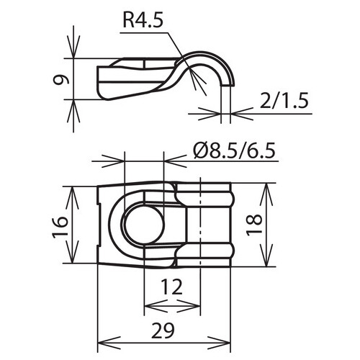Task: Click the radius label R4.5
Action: click(143, 22)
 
